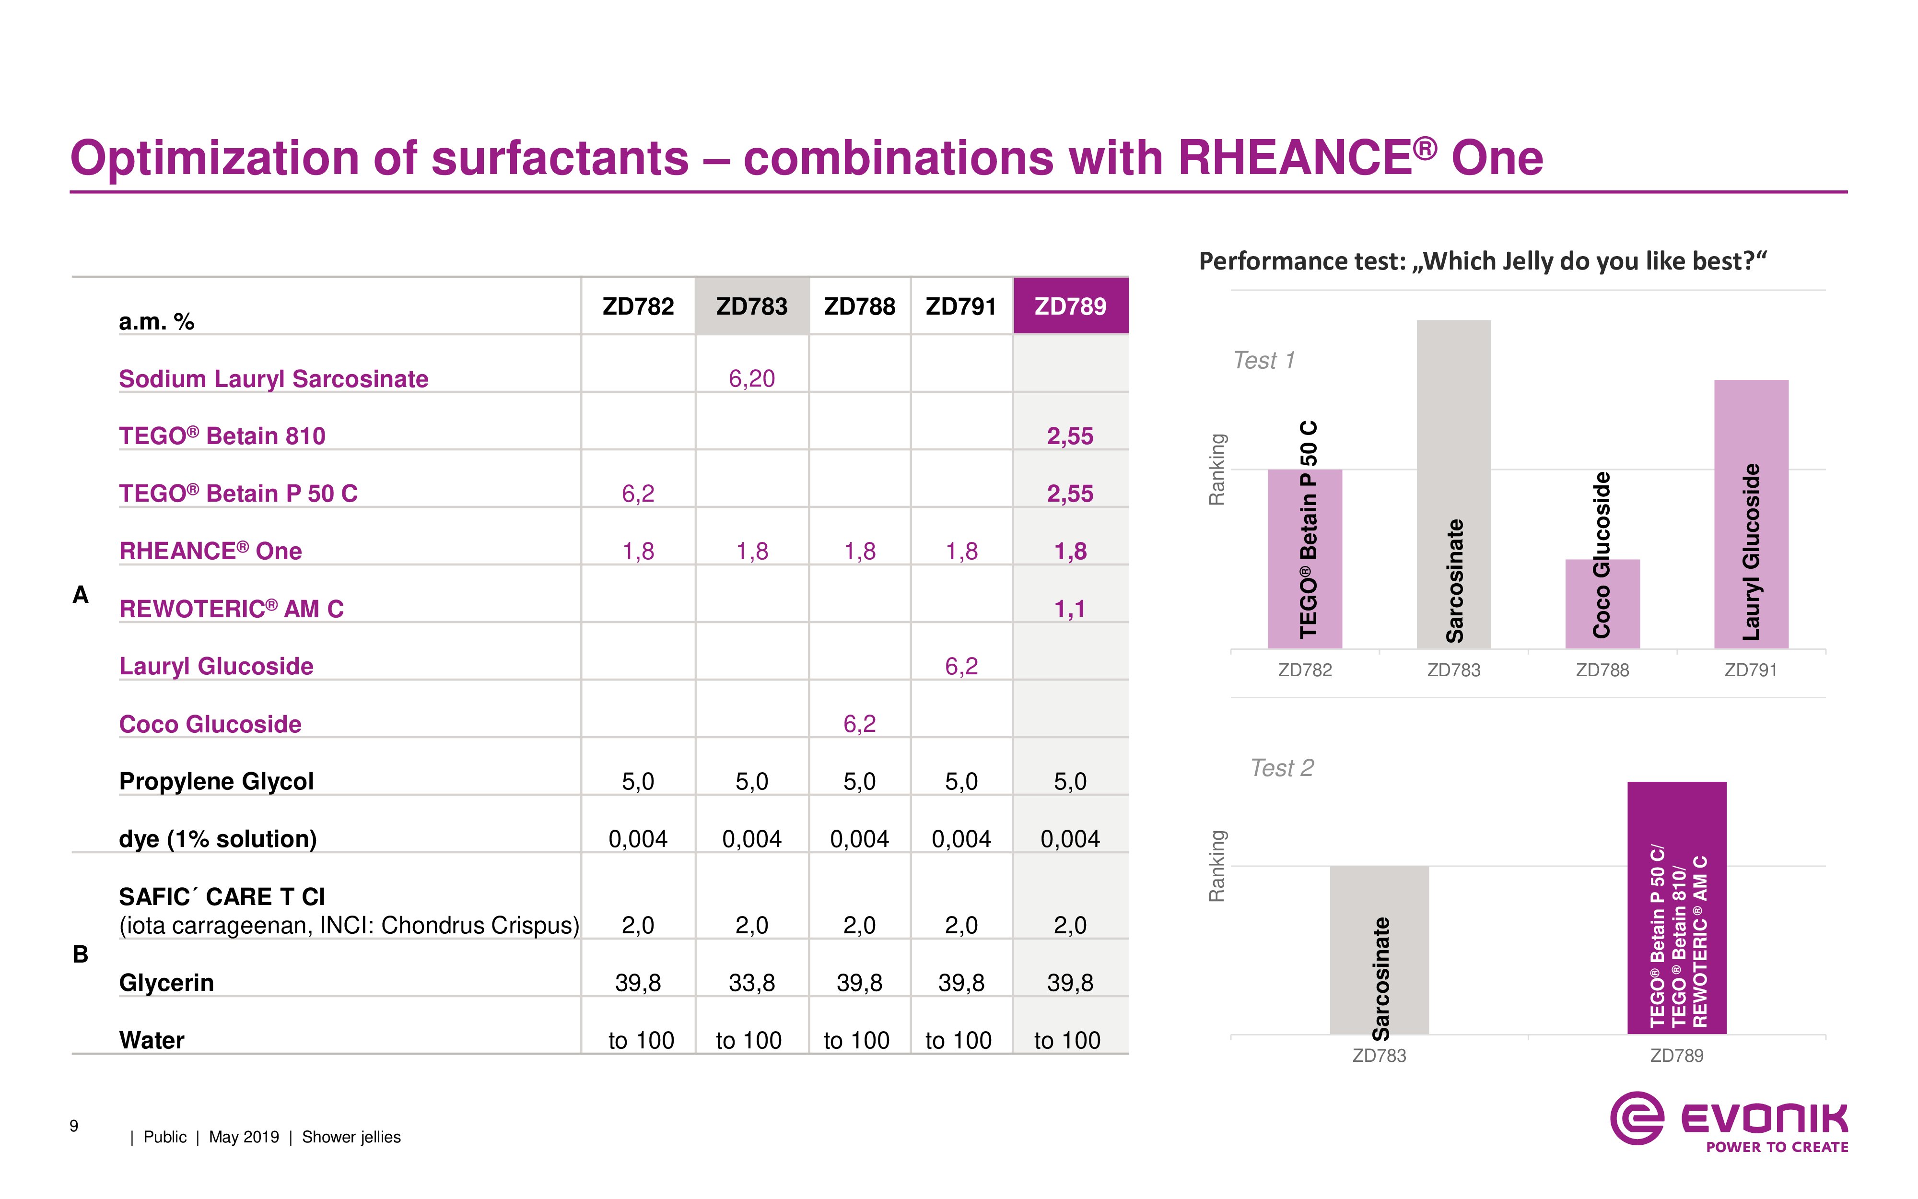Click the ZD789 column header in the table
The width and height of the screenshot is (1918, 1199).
pyautogui.click(x=1070, y=306)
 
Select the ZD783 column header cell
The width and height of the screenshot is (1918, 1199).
pyautogui.click(x=751, y=306)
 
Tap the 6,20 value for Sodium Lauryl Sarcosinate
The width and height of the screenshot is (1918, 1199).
pyautogui.click(x=751, y=378)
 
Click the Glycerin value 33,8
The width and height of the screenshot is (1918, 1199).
pyautogui.click(x=751, y=983)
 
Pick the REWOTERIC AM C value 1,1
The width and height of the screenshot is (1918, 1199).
pyautogui.click(x=1070, y=608)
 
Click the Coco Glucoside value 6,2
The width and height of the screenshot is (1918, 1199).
pyautogui.click(x=859, y=723)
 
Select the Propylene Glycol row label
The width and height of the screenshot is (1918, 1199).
pyautogui.click(x=216, y=781)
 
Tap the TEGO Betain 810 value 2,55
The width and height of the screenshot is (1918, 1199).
pyautogui.click(x=1070, y=435)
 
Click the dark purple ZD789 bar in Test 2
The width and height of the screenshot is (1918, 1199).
pyautogui.click(x=1676, y=908)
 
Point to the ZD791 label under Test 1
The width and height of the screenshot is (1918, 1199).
pyautogui.click(x=1751, y=670)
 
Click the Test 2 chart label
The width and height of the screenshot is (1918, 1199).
pyautogui.click(x=1282, y=768)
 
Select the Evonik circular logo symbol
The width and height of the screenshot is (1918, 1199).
pyautogui.click(x=1637, y=1118)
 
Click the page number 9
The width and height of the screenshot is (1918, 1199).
pyautogui.click(x=74, y=1125)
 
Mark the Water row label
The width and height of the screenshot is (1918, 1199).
pyautogui.click(x=152, y=1040)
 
